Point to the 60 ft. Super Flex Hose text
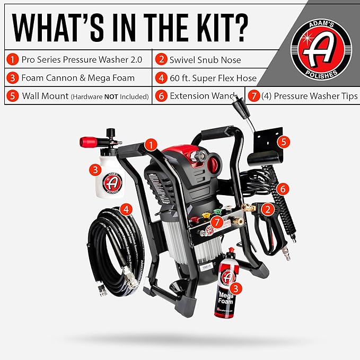pos(213,78)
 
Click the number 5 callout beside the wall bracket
pos(285,142)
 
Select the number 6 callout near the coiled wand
pos(283,188)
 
